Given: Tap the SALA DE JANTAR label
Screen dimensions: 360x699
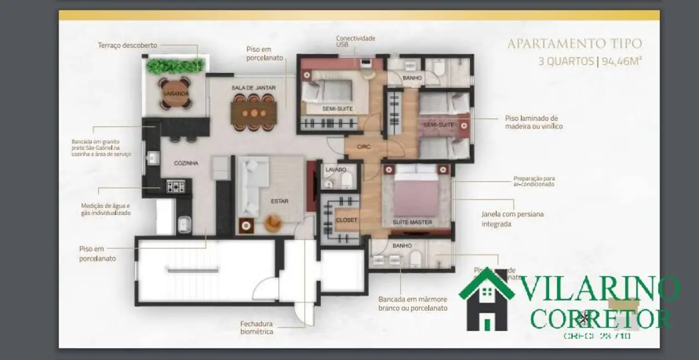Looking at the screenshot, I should point(254,88).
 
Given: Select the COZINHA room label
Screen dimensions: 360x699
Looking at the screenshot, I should point(186,163).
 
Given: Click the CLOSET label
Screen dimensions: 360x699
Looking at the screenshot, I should point(347,220).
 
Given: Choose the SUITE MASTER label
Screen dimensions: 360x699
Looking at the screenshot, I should point(412,223).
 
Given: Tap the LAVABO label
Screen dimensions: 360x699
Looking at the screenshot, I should point(336,169).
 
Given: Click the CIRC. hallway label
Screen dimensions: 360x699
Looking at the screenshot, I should point(363,147).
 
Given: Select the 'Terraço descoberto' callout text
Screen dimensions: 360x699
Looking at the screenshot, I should point(128,45).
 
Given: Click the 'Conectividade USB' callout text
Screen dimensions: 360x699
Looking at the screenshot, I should point(355,42).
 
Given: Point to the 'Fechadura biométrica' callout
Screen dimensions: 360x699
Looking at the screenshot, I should point(256,328).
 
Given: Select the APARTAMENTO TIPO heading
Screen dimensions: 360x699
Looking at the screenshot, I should point(574,44).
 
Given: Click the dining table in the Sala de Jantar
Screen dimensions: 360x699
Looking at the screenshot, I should point(254,113).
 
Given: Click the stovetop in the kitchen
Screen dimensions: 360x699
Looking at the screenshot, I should point(175,187).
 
